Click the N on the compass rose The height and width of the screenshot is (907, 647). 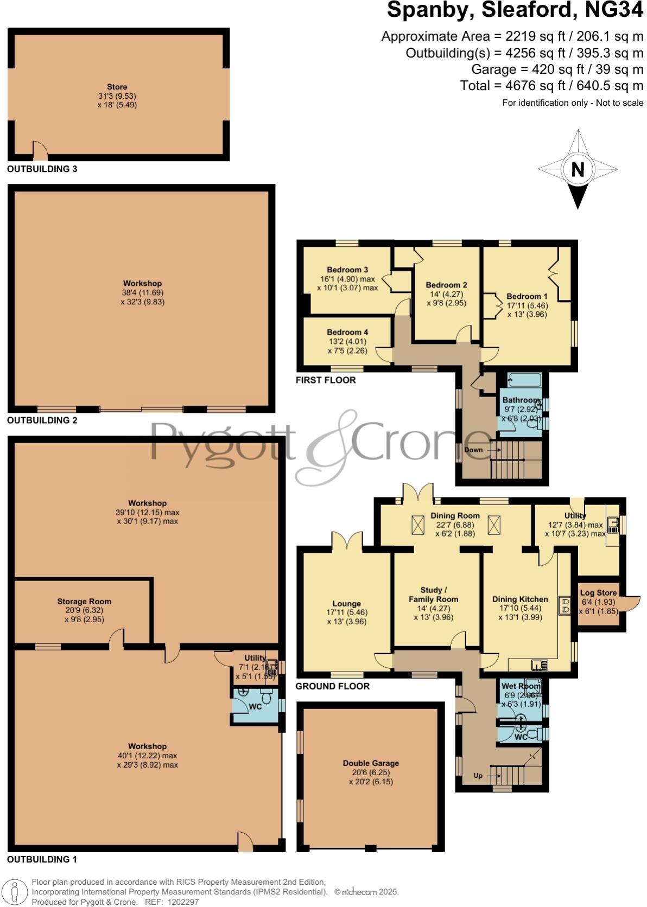(578, 170)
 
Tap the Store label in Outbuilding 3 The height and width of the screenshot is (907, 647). (117, 87)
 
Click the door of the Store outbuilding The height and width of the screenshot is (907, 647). (40, 151)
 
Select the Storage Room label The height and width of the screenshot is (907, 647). (84, 601)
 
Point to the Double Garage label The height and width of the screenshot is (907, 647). (371, 763)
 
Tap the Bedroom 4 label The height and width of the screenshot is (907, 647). (347, 332)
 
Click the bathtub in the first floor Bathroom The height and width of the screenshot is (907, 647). (524, 380)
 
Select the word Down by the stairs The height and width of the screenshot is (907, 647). (473, 450)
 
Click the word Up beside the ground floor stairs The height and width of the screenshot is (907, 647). (478, 775)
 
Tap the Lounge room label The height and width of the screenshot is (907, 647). (346, 603)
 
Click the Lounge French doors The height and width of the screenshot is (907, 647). (347, 541)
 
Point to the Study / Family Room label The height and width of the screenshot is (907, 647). (433, 595)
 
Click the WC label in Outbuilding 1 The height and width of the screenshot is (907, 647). (255, 707)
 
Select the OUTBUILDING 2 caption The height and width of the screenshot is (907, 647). (42, 420)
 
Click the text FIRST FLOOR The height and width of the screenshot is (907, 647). (326, 380)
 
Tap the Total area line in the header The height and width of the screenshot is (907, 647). (551, 85)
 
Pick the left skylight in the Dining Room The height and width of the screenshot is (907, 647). (418, 525)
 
